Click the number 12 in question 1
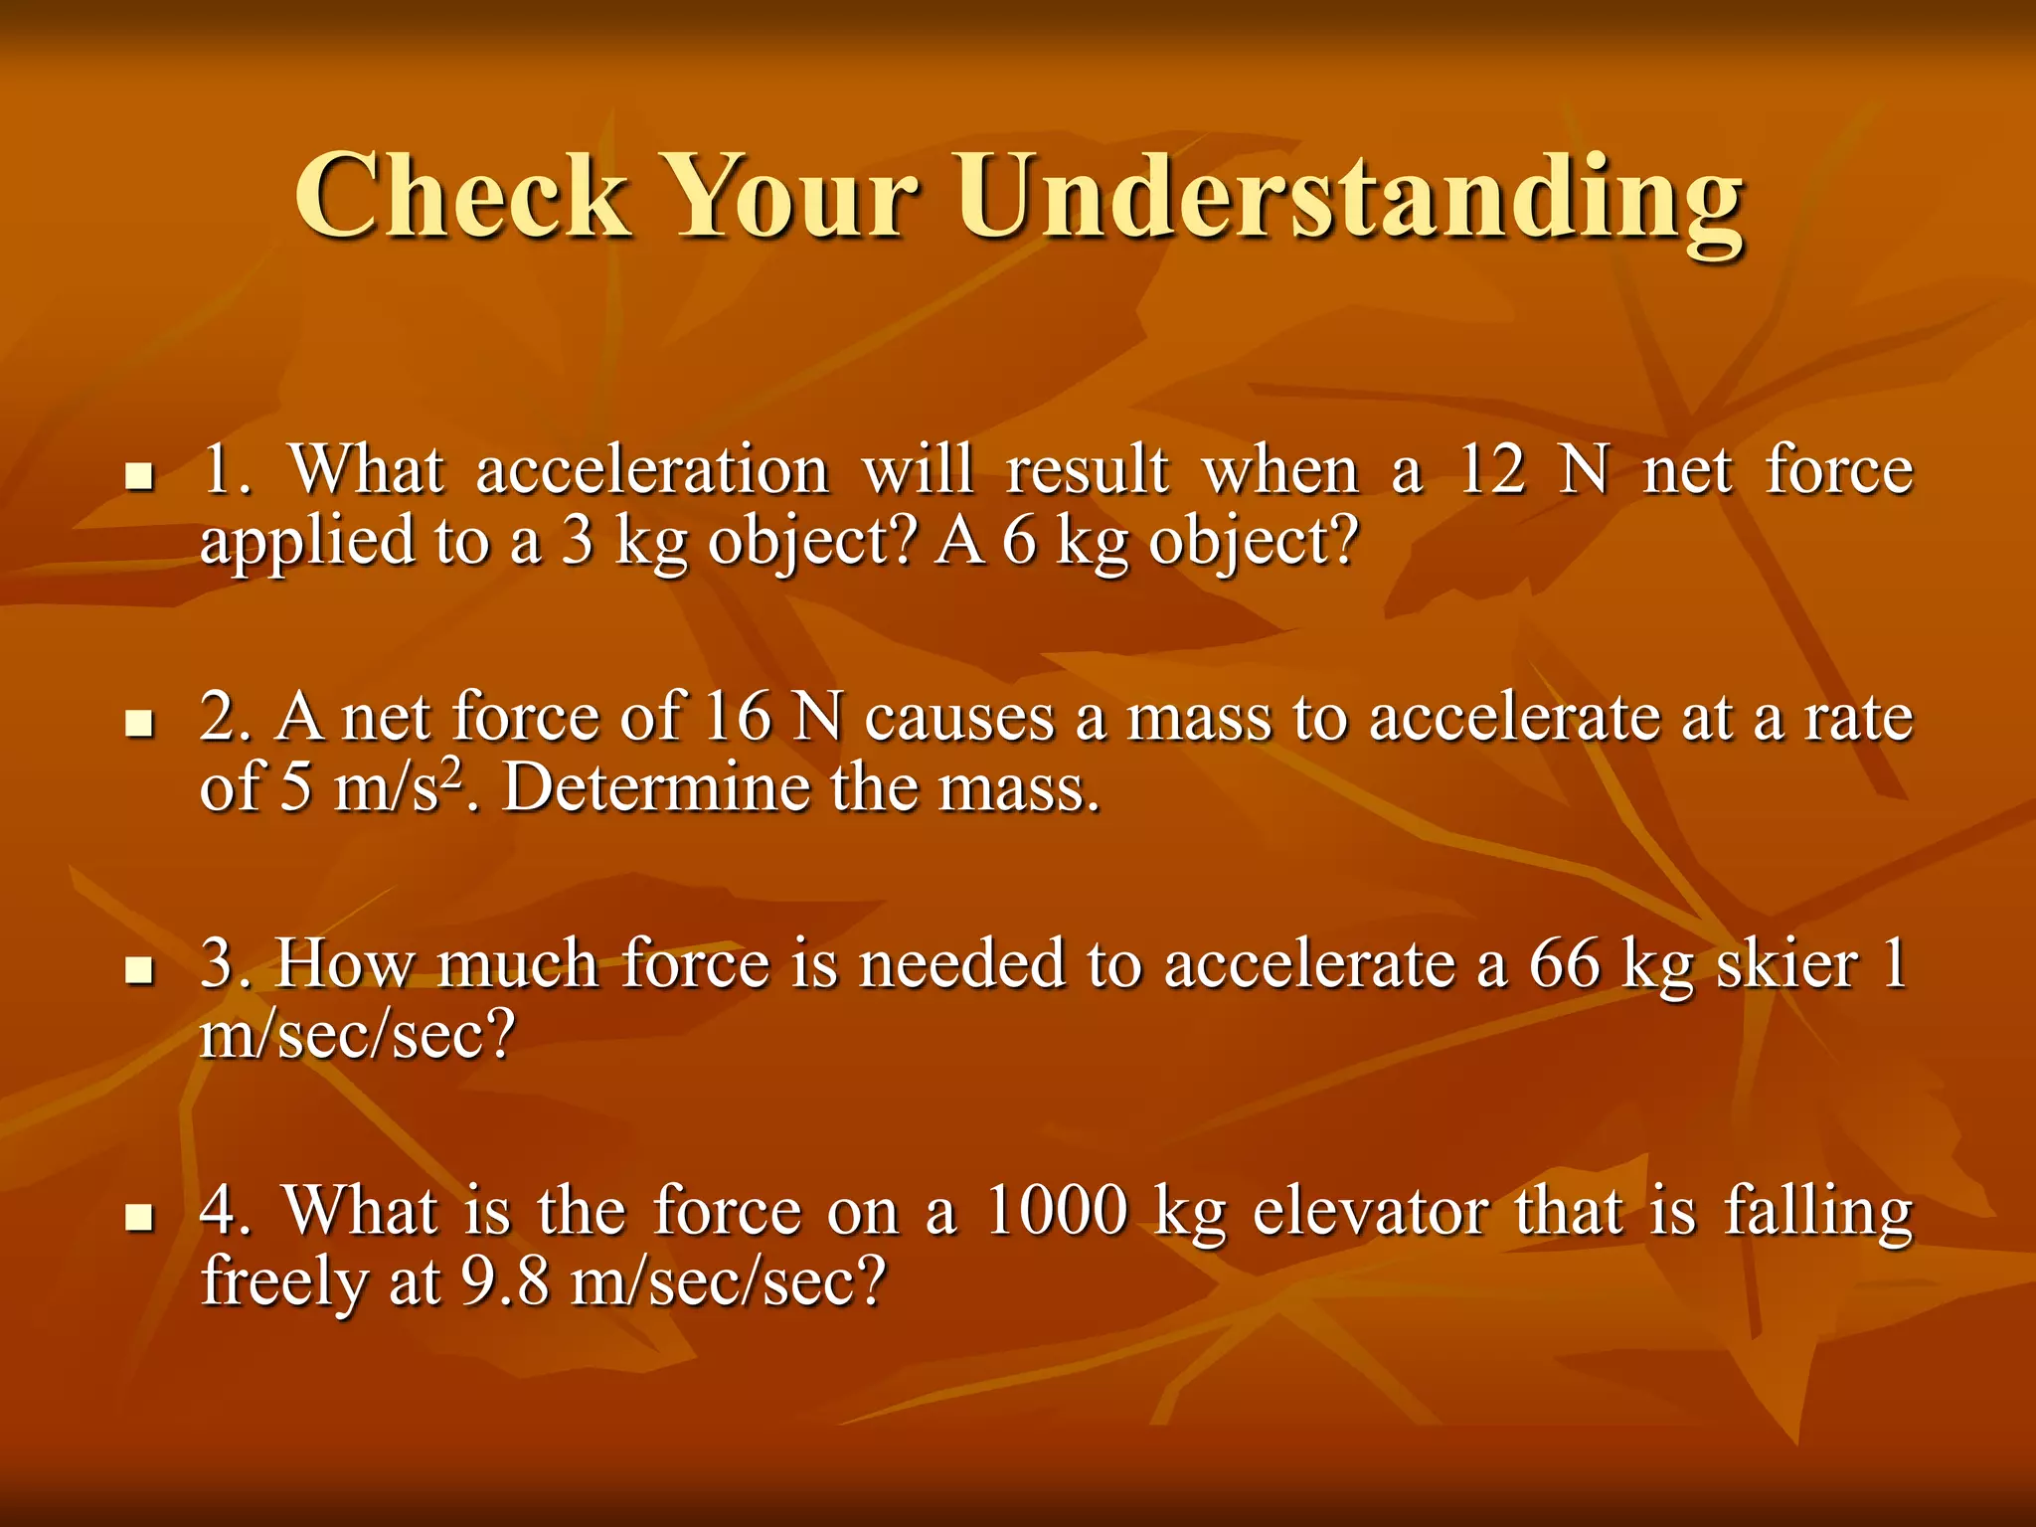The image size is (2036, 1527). pyautogui.click(x=1490, y=470)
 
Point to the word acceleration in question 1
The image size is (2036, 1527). pyautogui.click(x=651, y=470)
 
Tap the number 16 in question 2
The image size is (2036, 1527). pyautogui.click(x=738, y=717)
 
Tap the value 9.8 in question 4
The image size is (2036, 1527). pyautogui.click(x=505, y=1281)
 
